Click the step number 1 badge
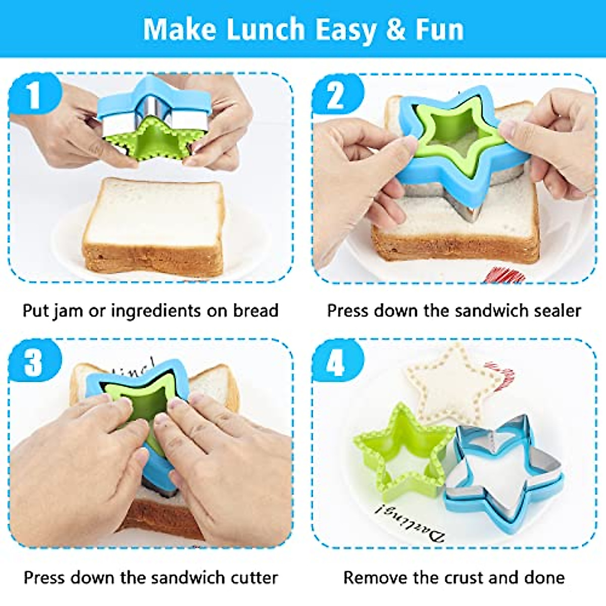click(33, 94)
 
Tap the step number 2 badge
click(336, 95)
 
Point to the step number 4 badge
click(336, 362)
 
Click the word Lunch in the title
click(265, 29)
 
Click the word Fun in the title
click(439, 29)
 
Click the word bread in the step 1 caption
click(256, 310)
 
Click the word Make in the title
click(179, 29)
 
